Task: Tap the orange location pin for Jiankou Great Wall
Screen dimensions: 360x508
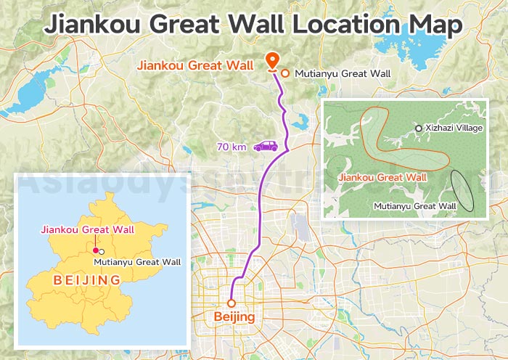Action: click(x=273, y=60)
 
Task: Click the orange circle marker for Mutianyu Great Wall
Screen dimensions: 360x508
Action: click(x=285, y=73)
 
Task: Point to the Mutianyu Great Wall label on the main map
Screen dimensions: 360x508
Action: click(x=343, y=73)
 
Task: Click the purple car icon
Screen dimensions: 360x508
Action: click(x=266, y=147)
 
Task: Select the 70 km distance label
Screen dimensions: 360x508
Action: click(x=232, y=147)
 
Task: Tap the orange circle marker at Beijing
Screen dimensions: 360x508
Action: click(x=232, y=303)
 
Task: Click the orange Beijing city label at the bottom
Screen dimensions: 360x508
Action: click(x=234, y=317)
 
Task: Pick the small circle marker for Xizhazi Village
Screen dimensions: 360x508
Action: click(x=418, y=128)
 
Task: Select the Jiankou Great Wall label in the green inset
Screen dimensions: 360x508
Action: click(x=382, y=176)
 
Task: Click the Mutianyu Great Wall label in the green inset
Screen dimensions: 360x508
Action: click(x=415, y=206)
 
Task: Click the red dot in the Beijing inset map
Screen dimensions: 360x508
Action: click(x=95, y=250)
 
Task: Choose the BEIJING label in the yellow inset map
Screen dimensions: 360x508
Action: click(x=86, y=279)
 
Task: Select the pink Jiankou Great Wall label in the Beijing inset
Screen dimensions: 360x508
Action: click(x=88, y=230)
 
